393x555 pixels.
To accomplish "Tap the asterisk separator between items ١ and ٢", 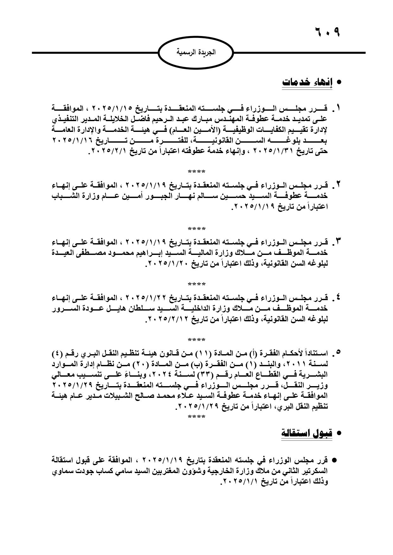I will pos(196,172).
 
